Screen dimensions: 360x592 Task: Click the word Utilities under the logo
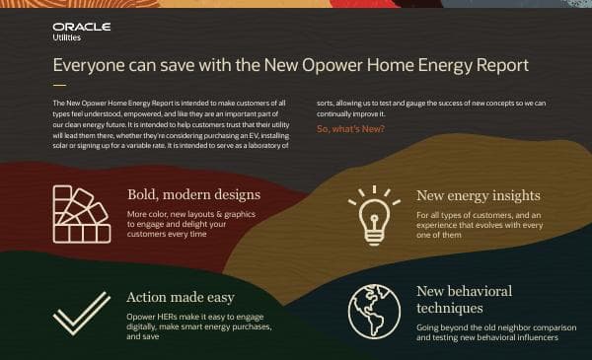pos(67,38)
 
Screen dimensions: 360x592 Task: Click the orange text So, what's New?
pos(351,130)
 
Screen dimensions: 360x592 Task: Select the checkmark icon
pos(81,313)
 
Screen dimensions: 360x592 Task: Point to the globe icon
pos(374,312)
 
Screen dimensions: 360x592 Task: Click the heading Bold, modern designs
pos(193,194)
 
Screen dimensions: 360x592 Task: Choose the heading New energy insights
pos(478,195)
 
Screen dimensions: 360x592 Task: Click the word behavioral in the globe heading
pos(478,291)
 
